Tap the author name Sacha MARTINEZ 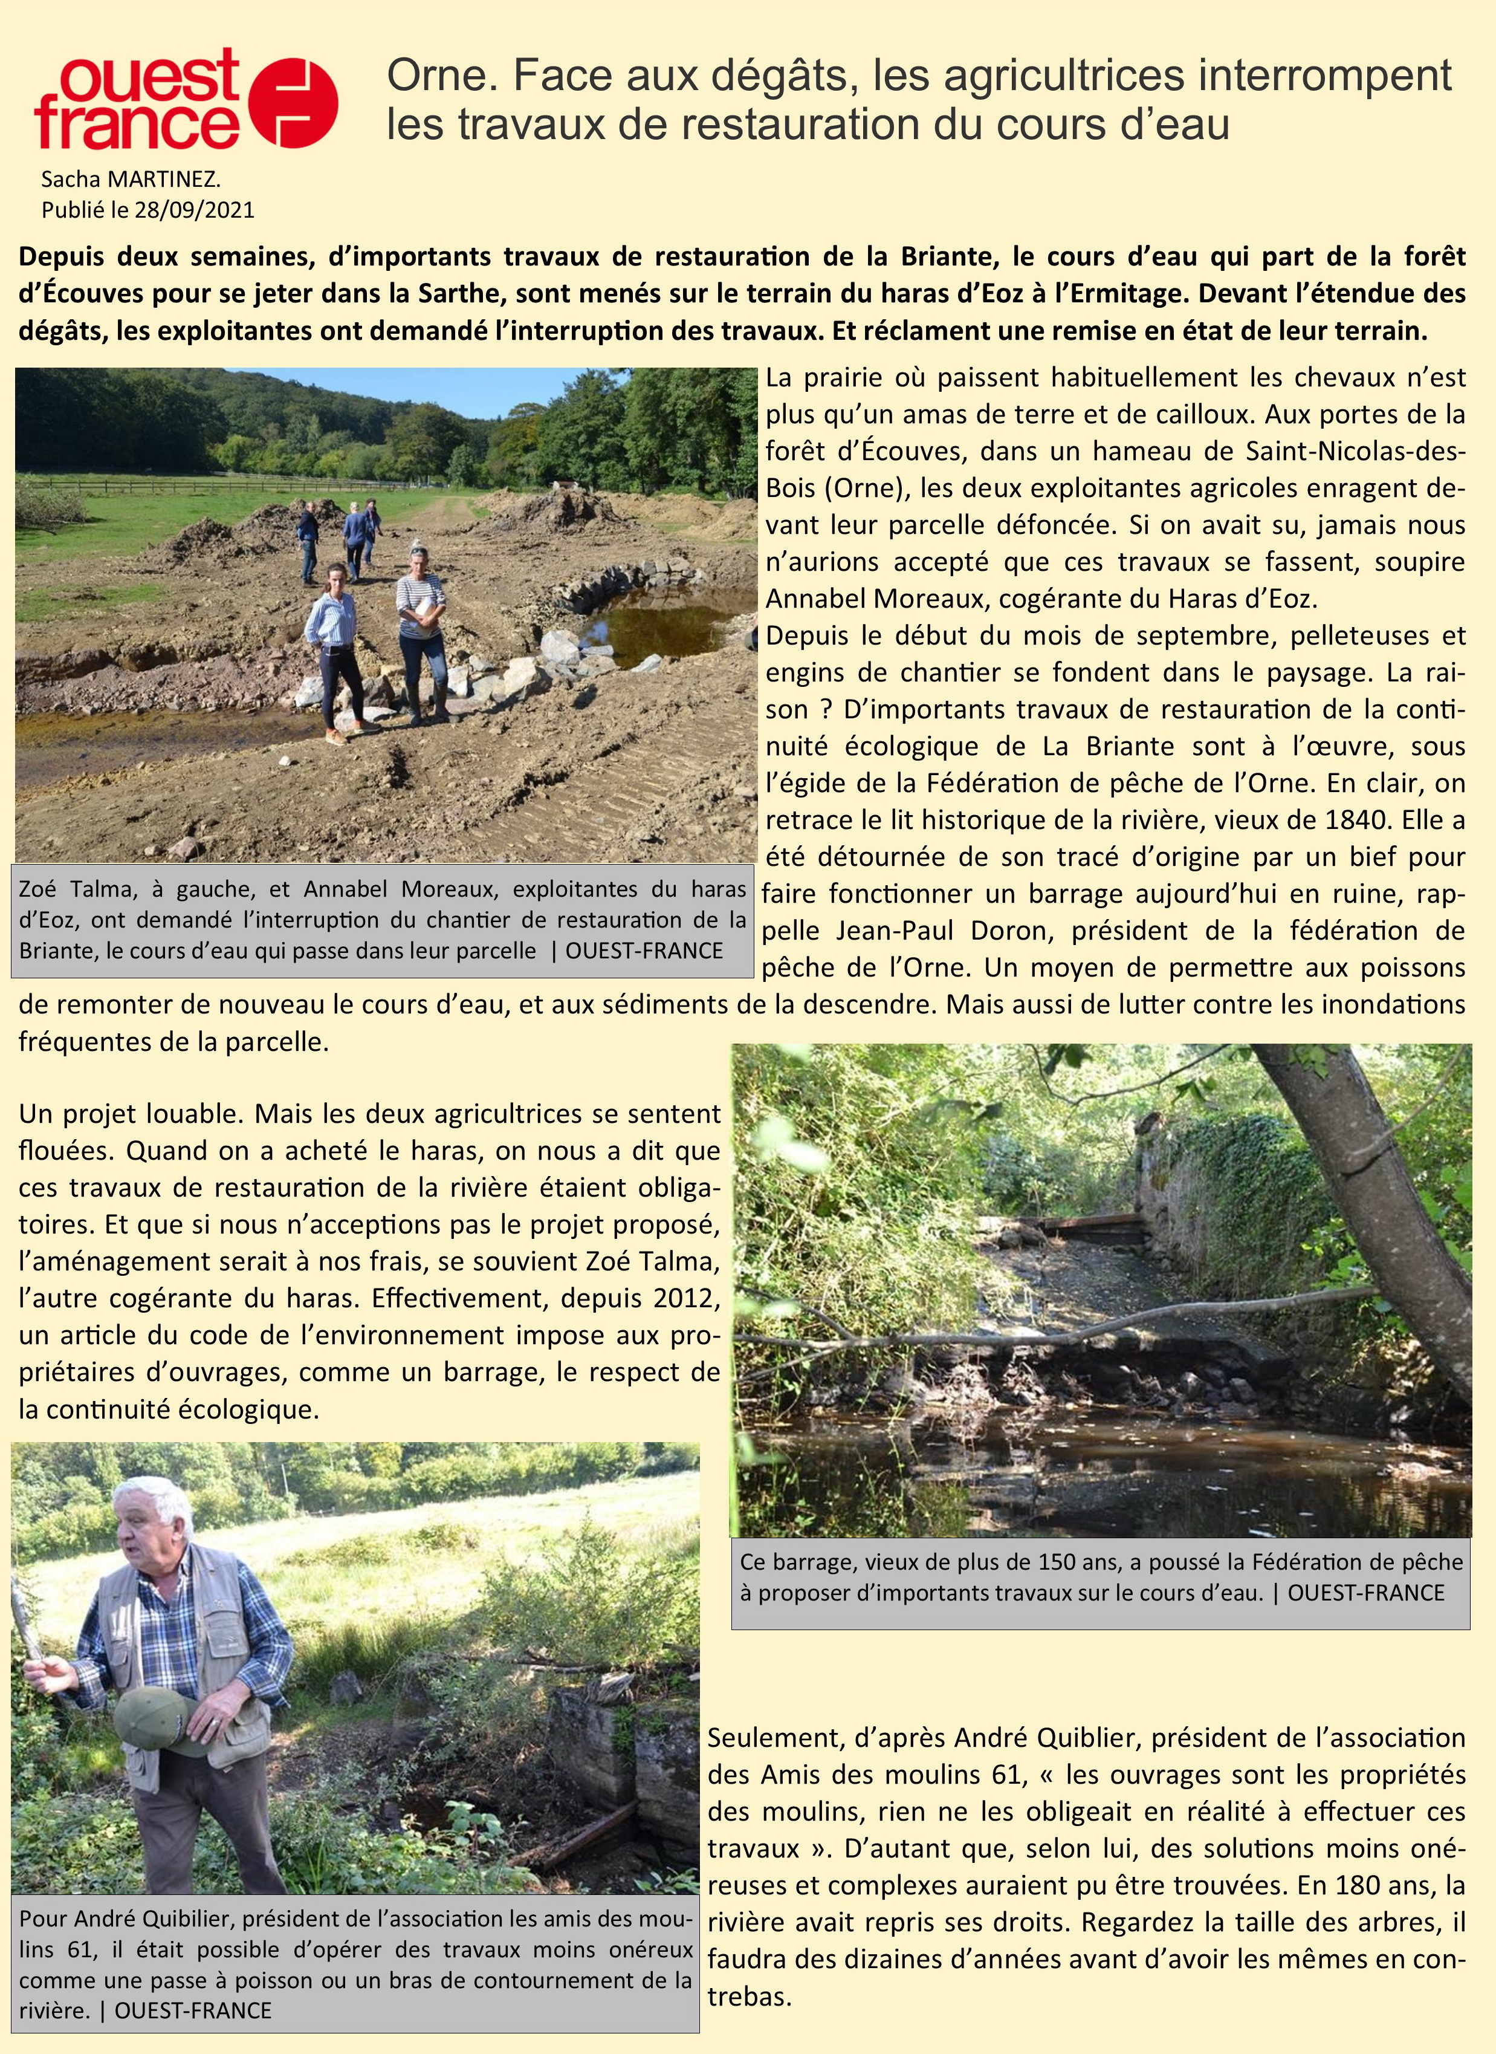click(x=131, y=180)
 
